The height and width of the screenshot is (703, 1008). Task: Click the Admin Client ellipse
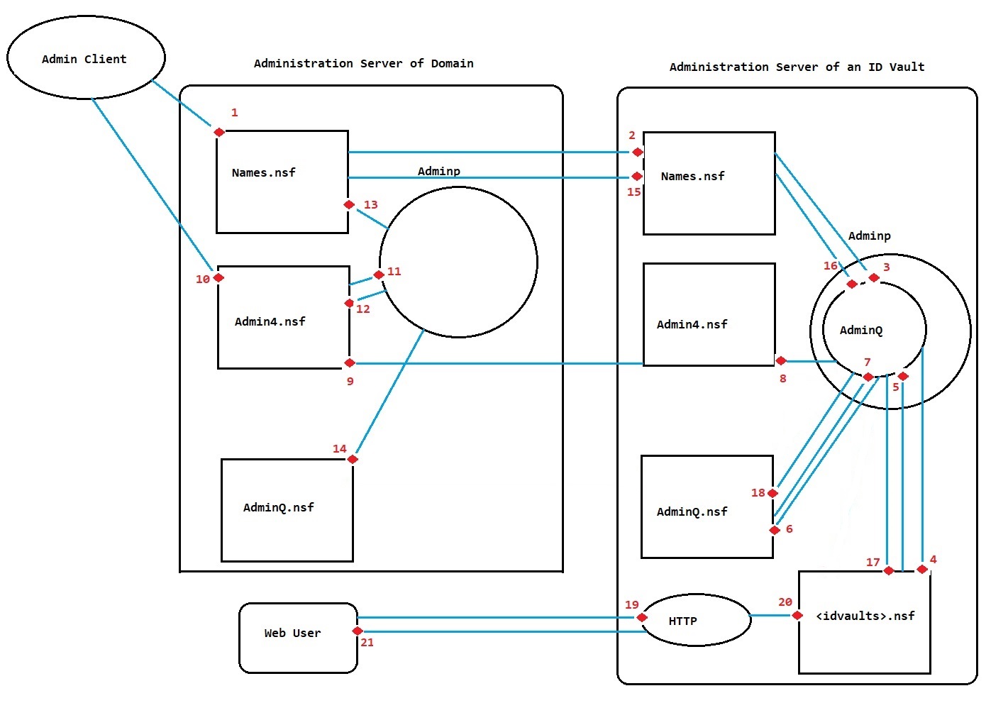[85, 58]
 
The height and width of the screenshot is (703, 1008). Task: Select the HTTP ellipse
[696, 621]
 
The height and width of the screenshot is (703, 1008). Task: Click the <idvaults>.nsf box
[865, 621]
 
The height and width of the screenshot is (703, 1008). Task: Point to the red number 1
[235, 113]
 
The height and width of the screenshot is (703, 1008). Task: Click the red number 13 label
[371, 205]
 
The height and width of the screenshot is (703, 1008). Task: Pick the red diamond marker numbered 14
[353, 459]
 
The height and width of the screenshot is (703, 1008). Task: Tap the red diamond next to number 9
[350, 363]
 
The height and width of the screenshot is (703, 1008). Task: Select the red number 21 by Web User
[367, 643]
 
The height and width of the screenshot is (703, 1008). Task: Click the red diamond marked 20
[797, 615]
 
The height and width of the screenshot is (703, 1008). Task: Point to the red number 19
[632, 605]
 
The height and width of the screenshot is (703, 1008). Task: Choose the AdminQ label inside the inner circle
[861, 331]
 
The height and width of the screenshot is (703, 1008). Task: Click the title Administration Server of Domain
[363, 64]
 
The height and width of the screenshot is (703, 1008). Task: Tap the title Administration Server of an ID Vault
[797, 67]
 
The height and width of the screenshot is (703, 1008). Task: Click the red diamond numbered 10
[219, 277]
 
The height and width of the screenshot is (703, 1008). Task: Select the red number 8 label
[783, 379]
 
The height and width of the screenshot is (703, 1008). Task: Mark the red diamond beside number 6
[775, 530]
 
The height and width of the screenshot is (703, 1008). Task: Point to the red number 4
[934, 560]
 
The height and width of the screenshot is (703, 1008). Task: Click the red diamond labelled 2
[638, 152]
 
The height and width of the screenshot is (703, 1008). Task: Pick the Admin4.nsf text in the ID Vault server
[692, 325]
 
